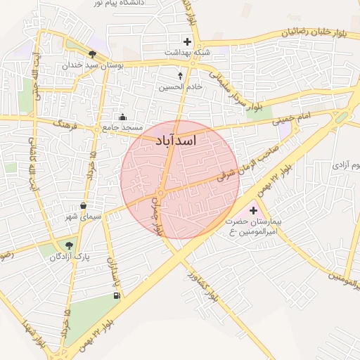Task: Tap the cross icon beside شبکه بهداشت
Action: click(x=187, y=41)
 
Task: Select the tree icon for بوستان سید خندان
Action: click(x=92, y=53)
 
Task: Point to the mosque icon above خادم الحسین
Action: click(x=181, y=75)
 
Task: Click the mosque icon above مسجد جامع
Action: click(x=123, y=117)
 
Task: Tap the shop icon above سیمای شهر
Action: click(x=84, y=205)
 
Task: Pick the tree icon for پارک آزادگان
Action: click(x=68, y=245)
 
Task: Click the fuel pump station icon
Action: click(x=116, y=295)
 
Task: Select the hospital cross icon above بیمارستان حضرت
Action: click(x=254, y=210)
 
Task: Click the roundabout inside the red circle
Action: click(x=161, y=193)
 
